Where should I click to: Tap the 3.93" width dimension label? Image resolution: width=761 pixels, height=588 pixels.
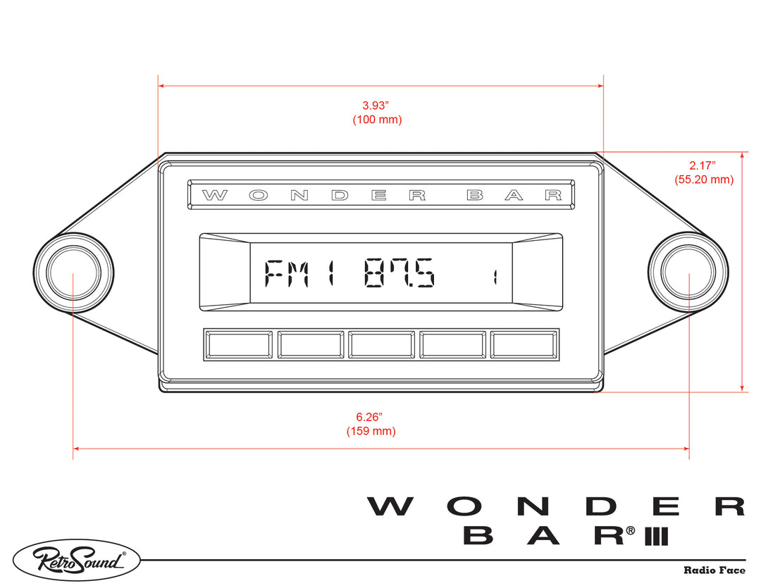click(376, 106)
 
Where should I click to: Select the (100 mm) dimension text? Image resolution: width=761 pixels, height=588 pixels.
click(377, 120)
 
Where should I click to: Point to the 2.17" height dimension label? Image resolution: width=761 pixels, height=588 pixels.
click(703, 165)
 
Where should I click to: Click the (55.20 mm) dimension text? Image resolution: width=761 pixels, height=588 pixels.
click(704, 180)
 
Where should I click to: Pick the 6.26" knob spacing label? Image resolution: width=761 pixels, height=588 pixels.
click(370, 417)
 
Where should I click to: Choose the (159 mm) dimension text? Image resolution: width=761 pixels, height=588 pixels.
click(371, 431)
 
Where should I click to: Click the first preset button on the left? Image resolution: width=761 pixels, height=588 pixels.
click(238, 345)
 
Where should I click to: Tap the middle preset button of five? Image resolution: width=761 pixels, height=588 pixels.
click(381, 345)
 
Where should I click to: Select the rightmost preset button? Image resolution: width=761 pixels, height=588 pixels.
click(524, 345)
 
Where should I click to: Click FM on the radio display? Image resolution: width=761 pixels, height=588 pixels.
click(290, 273)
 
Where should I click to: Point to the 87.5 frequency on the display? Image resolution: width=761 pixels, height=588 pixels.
click(400, 273)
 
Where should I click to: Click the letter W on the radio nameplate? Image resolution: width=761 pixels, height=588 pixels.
click(214, 196)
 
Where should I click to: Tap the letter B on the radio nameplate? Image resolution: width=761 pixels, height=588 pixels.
click(475, 196)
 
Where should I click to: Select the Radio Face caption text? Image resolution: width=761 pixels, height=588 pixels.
click(714, 570)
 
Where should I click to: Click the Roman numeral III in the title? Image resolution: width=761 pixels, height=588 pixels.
click(655, 536)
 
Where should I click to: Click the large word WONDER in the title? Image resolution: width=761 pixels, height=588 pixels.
click(555, 506)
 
